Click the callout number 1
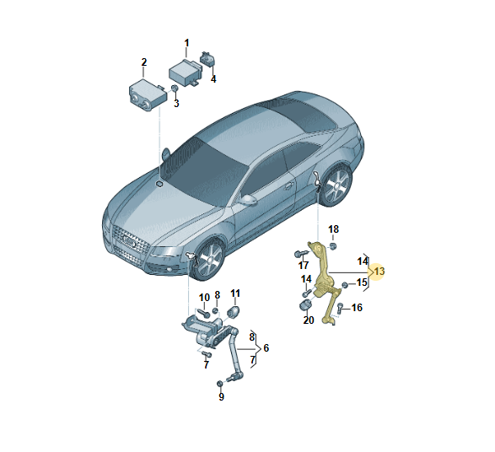pos(186,43)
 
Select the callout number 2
pos(144,62)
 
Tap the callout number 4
pos(213,79)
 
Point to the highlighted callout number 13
pos(379,272)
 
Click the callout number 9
pos(221,396)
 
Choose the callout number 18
pos(333,229)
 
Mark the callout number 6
pos(266,347)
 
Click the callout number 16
pos(357,308)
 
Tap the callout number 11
pos(235,293)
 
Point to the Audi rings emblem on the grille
pos(129,241)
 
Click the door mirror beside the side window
pos(249,200)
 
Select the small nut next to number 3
pos(174,89)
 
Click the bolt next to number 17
pos(301,254)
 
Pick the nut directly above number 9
pos(219,384)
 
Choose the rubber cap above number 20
pos(305,305)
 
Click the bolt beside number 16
pos(340,308)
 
